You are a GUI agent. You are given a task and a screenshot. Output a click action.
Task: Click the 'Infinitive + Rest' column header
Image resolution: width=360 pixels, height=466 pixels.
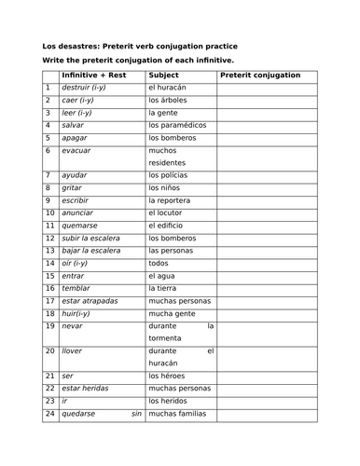pyautogui.click(x=98, y=75)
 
